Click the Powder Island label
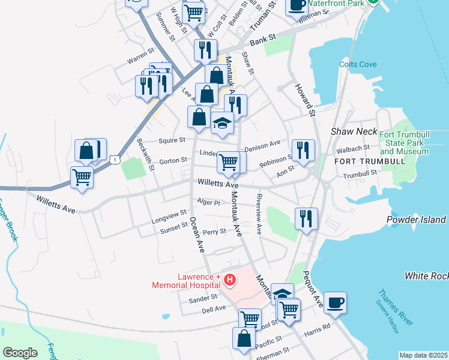pos(417,220)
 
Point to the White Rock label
pos(426,276)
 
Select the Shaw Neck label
pos(354,131)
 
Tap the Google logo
pos(20,353)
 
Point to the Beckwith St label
pos(146,154)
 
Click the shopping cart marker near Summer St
pos(193,12)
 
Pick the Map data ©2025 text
pos(423,355)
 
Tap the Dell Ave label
pos(214,308)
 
